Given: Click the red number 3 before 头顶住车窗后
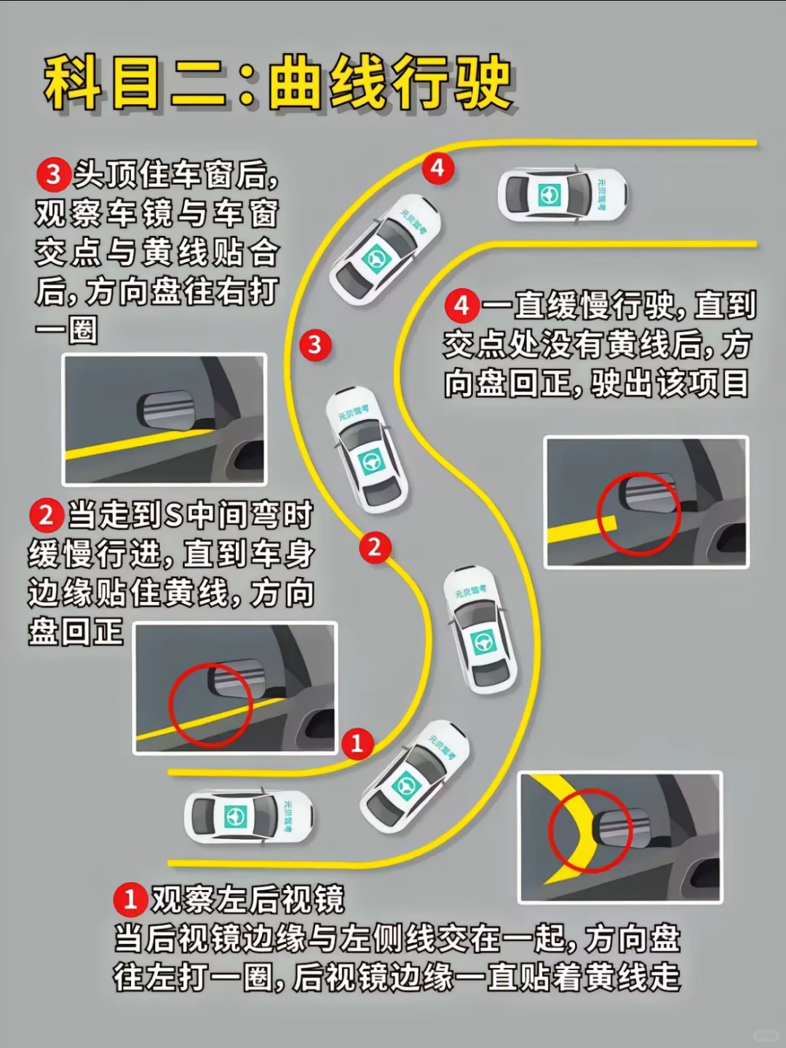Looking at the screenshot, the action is tap(53, 175).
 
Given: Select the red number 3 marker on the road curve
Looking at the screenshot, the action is tap(315, 345).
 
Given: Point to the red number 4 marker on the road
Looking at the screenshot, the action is tap(437, 169).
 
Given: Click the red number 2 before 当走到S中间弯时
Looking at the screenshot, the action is tap(47, 516).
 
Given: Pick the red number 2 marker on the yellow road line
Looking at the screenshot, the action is tap(375, 547).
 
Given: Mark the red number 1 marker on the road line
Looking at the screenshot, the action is tap(357, 743).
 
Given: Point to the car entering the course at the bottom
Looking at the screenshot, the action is tap(249, 816).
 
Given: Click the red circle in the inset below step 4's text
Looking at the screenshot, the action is tap(639, 515).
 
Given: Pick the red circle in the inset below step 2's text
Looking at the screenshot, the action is tap(210, 704).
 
